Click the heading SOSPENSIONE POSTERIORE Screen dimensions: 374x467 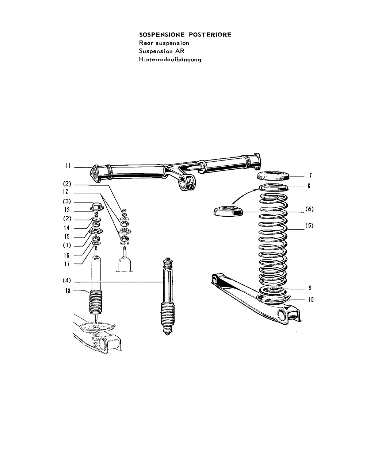pyautogui.click(x=185, y=35)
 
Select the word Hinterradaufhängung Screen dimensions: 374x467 pyautogui.click(x=170, y=59)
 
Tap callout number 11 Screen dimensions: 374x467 pyautogui.click(x=68, y=166)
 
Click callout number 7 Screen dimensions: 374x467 pyautogui.click(x=310, y=175)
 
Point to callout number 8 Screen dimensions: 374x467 pyautogui.click(x=309, y=186)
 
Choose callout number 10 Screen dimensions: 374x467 pyautogui.click(x=311, y=300)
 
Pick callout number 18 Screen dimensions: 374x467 pyautogui.click(x=68, y=291)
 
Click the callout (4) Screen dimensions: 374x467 pyautogui.click(x=67, y=280)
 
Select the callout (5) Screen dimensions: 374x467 pyautogui.click(x=309, y=226)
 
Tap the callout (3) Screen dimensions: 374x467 pyautogui.click(x=67, y=201)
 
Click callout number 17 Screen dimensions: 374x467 pyautogui.click(x=67, y=264)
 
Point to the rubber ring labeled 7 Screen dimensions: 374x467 pyautogui.click(x=274, y=176)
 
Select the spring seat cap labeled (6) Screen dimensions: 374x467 pyautogui.click(x=228, y=211)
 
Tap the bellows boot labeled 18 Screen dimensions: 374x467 pyautogui.click(x=96, y=302)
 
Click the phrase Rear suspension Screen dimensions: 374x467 pyautogui.click(x=164, y=43)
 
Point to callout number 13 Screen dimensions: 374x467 pyautogui.click(x=67, y=210)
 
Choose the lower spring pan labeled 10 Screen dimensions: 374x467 pyautogui.click(x=274, y=300)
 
